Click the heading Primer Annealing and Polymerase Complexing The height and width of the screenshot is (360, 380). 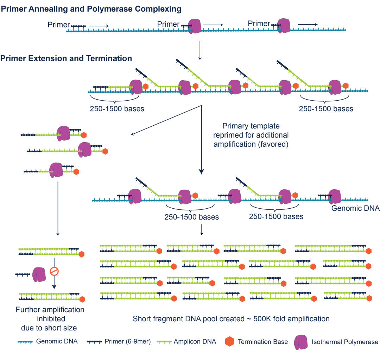pos(91,9)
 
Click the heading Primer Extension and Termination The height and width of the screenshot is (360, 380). pos(66,58)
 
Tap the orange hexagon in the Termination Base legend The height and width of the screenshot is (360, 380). pos(229,342)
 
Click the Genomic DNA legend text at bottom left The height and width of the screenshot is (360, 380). pos(57,341)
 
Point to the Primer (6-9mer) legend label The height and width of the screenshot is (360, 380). pos(128,341)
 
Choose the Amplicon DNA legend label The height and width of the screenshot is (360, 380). pos(195,341)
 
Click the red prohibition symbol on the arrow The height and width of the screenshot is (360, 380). pos(54,271)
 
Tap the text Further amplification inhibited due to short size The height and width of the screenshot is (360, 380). pos(50,319)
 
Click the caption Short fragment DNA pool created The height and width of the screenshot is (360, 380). pos(231,319)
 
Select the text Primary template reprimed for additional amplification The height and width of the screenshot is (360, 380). pos(255,135)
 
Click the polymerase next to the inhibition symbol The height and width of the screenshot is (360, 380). pos(39,274)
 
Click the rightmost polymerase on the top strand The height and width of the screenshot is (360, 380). pos(284,25)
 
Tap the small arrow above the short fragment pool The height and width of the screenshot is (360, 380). pos(201,229)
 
